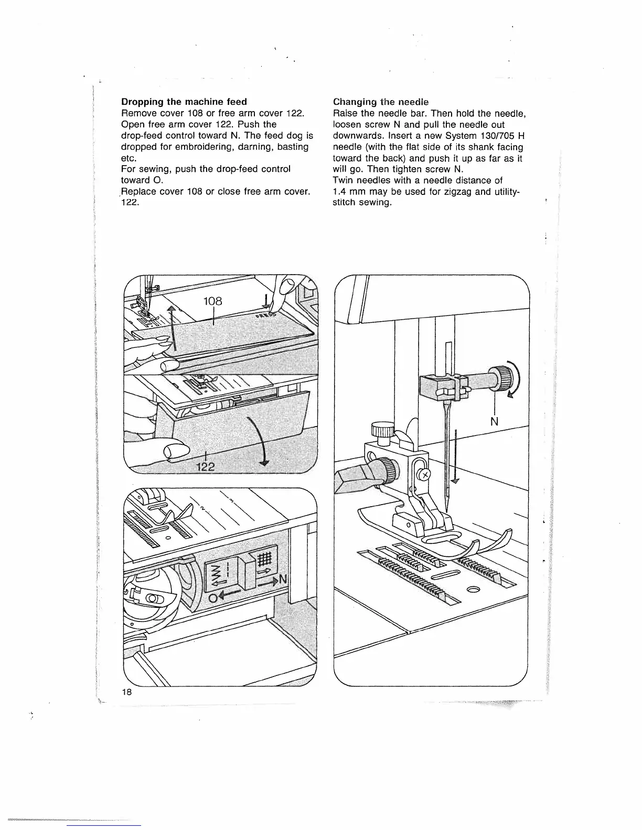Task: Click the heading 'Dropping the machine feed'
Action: click(184, 102)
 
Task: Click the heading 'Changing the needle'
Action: click(381, 102)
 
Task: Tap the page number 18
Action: click(126, 692)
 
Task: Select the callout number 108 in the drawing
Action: click(213, 301)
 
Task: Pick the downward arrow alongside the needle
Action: click(456, 456)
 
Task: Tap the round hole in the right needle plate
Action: click(472, 589)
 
